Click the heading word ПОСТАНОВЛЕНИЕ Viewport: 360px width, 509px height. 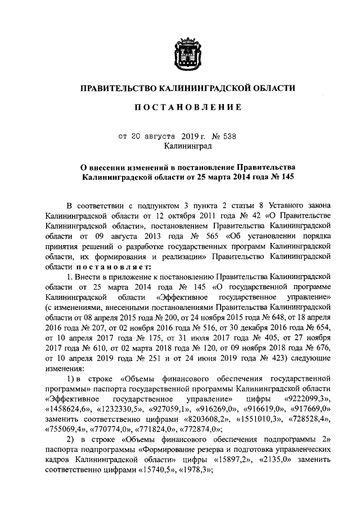tap(186, 107)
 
